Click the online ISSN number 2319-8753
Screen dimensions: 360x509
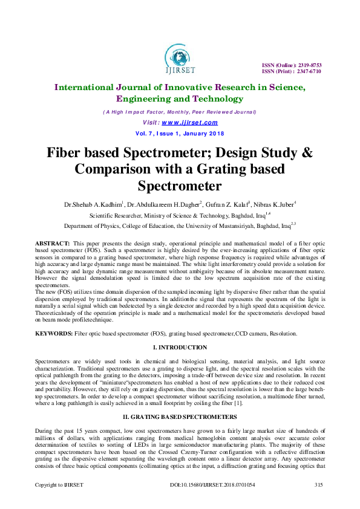tap(308, 65)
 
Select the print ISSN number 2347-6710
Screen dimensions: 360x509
tap(308, 71)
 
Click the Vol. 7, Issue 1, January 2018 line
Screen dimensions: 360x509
tap(180, 133)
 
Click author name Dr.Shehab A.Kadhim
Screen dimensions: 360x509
tap(93, 205)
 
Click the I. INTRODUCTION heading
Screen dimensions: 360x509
tap(180, 347)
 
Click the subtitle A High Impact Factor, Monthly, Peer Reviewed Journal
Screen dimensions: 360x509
tap(180, 112)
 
